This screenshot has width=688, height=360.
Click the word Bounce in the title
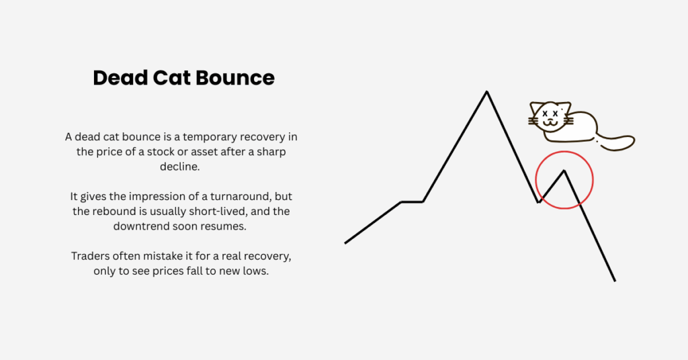235,78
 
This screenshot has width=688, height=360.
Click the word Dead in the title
120,78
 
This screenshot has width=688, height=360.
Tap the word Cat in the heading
171,78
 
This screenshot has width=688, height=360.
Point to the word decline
180,167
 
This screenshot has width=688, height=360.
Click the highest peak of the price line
486,91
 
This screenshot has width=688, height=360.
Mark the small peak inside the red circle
564,171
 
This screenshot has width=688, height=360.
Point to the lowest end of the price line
615,281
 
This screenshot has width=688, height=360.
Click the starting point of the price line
345,242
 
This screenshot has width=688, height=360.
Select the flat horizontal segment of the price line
412,201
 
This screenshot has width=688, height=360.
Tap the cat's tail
617,142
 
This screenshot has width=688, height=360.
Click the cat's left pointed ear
535,108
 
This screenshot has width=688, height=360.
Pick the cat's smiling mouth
550,123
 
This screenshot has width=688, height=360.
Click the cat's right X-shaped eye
556,114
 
